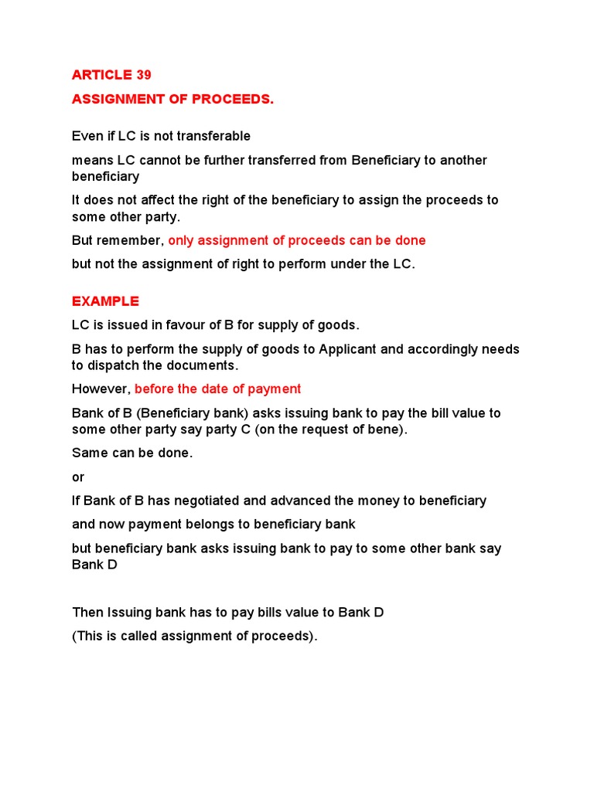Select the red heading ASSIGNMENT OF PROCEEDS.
pyautogui.click(x=172, y=100)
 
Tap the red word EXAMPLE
pyautogui.click(x=105, y=301)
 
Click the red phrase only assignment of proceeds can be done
pyautogui.click(x=297, y=240)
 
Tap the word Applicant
pyautogui.click(x=347, y=349)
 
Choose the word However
pyautogui.click(x=101, y=389)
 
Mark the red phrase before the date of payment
pyautogui.click(x=218, y=389)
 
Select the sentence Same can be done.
pyautogui.click(x=132, y=453)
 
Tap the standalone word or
pyautogui.click(x=78, y=477)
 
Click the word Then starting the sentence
pyautogui.click(x=87, y=613)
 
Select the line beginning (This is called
pyautogui.click(x=195, y=637)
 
